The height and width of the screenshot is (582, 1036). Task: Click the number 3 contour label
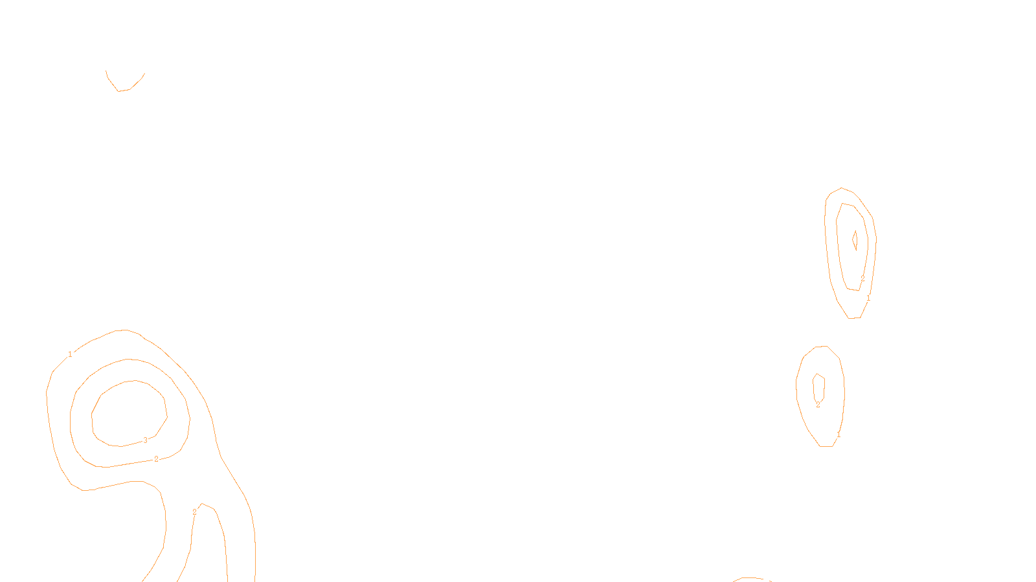pyautogui.click(x=145, y=440)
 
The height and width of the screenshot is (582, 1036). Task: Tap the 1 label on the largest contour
pyautogui.click(x=70, y=354)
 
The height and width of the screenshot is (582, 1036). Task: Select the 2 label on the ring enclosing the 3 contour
pyautogui.click(x=156, y=459)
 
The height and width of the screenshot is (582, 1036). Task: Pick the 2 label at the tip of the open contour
pyautogui.click(x=194, y=512)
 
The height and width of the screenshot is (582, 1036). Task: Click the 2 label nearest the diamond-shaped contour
pyautogui.click(x=862, y=279)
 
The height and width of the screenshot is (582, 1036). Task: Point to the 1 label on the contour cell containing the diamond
pyautogui.click(x=868, y=298)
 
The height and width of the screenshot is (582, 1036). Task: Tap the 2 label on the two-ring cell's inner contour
pyautogui.click(x=818, y=405)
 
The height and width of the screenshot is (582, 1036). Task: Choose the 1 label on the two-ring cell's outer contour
pyautogui.click(x=839, y=435)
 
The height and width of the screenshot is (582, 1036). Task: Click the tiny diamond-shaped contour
pyautogui.click(x=855, y=240)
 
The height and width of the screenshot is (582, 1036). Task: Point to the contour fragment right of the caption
pyautogui.click(x=751, y=579)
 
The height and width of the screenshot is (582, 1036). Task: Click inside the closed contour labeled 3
pyautogui.click(x=128, y=414)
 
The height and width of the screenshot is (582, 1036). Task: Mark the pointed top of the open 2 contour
pyautogui.click(x=203, y=504)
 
